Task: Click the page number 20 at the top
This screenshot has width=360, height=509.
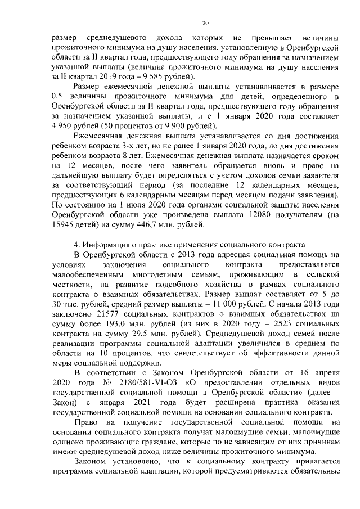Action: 205,22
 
